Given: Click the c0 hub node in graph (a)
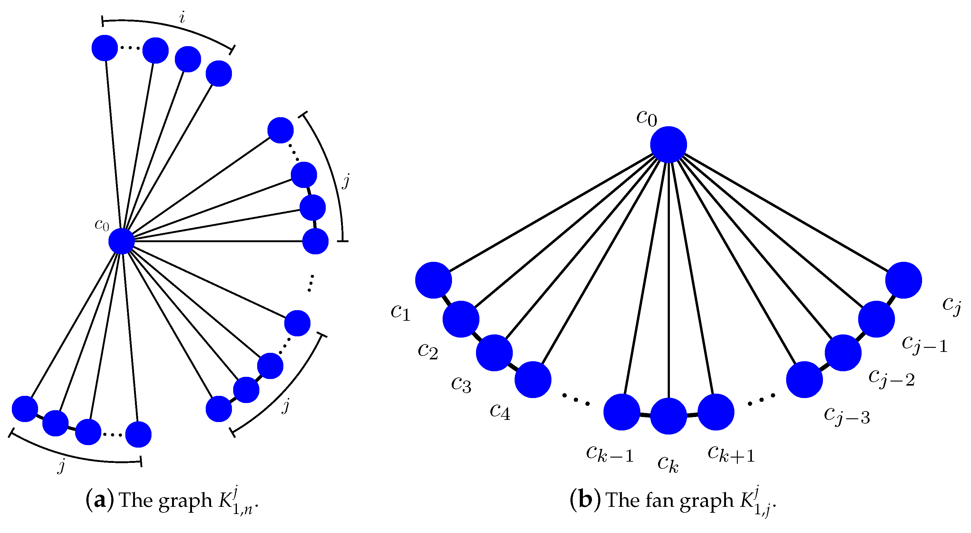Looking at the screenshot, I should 121,241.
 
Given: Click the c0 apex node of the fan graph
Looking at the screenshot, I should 668,144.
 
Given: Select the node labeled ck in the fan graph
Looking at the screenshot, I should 668,416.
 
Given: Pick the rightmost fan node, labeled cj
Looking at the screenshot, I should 904,280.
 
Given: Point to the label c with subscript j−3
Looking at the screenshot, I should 847,416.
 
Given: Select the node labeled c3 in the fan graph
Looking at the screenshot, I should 494,353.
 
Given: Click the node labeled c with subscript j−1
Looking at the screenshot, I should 876,319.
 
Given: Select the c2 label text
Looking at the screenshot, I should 428,351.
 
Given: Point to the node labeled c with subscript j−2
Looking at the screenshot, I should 843,353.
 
